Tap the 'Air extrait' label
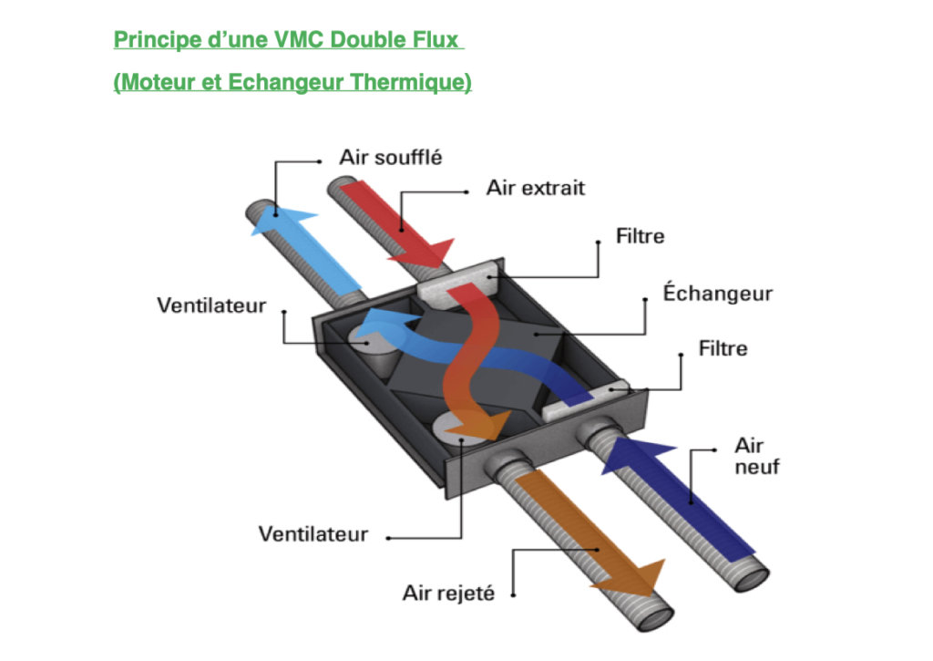[x=535, y=189]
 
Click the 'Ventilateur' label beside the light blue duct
[x=211, y=305]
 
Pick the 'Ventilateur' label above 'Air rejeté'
[x=313, y=533]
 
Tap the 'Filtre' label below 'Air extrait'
[x=641, y=236]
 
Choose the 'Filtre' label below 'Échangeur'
[x=723, y=348]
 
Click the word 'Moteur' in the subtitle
[x=156, y=82]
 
